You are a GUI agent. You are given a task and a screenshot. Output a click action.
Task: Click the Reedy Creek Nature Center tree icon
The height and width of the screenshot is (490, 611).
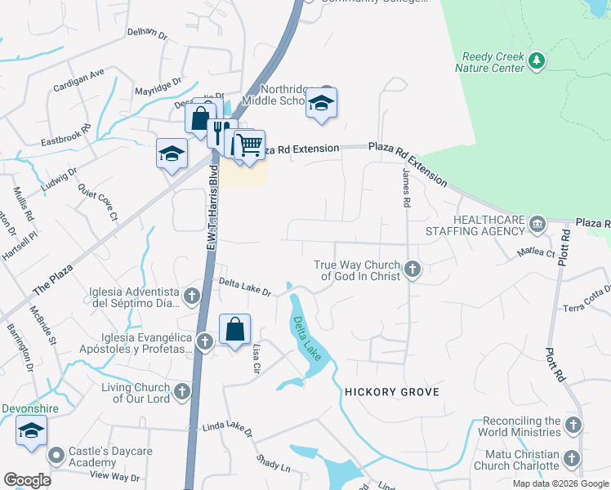(x=536, y=60)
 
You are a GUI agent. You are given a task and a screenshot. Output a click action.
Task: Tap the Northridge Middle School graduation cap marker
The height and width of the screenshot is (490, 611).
(x=322, y=104)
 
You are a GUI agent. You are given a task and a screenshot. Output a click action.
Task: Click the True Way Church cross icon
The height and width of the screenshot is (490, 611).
(x=413, y=269)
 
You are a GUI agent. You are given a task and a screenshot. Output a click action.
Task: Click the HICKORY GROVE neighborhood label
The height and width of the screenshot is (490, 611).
(x=392, y=392)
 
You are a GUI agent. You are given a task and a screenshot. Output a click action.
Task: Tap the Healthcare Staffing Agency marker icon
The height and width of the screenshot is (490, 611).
(x=537, y=223)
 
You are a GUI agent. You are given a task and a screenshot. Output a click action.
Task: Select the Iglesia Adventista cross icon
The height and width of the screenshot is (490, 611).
(x=192, y=296)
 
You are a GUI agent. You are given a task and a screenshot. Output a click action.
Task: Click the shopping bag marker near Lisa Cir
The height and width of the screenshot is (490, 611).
(x=234, y=331)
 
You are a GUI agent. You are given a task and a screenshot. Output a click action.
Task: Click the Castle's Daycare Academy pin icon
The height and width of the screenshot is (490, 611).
(x=56, y=454)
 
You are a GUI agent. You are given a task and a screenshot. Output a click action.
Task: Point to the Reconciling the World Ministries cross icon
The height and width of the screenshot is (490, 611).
(x=573, y=425)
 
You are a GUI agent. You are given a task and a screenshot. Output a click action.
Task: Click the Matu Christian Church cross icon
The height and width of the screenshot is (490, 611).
(x=573, y=459)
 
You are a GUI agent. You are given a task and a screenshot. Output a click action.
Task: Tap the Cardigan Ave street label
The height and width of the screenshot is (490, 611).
(x=79, y=73)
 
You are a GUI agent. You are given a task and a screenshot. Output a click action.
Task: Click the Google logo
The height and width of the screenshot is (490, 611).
(x=27, y=480)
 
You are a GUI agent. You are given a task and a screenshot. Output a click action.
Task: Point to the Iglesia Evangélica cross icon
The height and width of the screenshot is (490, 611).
(x=204, y=341)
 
